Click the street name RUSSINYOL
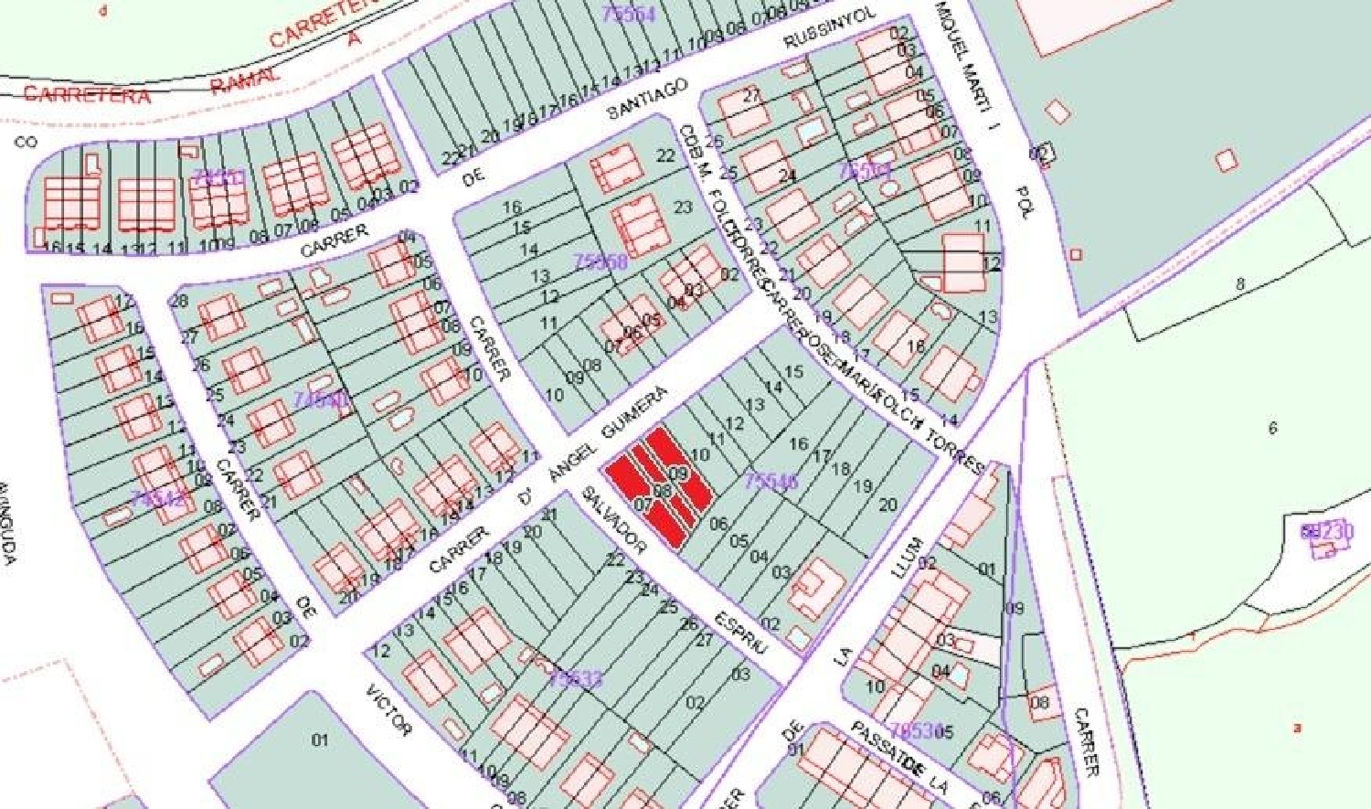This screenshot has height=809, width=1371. (x=831, y=29)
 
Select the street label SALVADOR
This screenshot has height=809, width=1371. (x=614, y=519)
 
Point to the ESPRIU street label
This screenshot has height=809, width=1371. (x=742, y=631)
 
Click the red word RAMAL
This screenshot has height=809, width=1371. (x=244, y=80)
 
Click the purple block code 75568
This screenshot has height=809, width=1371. (x=600, y=262)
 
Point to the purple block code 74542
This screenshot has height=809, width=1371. (x=158, y=499)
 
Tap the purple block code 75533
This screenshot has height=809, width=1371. (x=576, y=678)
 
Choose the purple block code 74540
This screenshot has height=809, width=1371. (x=321, y=399)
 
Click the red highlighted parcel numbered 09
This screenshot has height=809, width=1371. (x=677, y=473)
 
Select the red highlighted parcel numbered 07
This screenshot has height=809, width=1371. (x=643, y=504)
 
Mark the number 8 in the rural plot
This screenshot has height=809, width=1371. (x=1240, y=284)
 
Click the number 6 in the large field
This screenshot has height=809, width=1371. (x=1272, y=428)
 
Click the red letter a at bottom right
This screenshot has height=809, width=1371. (x=1297, y=729)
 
